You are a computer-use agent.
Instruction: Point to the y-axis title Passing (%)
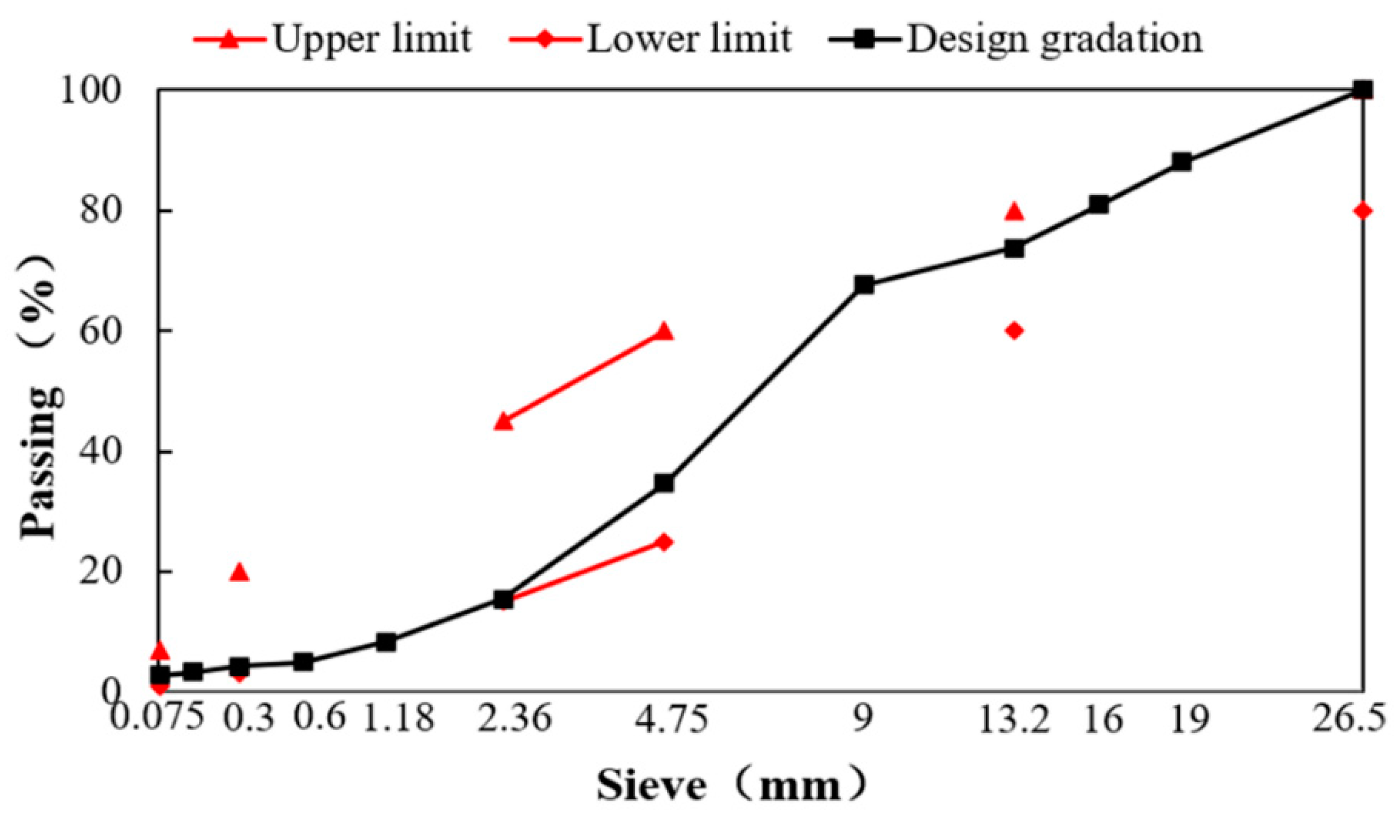point(42,396)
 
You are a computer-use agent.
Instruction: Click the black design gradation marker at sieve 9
point(864,285)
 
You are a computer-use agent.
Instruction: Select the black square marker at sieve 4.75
point(664,483)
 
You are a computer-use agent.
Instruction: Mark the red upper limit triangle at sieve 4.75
point(664,332)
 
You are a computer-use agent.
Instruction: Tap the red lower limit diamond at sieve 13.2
point(1014,331)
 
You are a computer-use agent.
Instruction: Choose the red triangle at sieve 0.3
point(239,572)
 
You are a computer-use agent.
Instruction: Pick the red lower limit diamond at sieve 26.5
point(1362,211)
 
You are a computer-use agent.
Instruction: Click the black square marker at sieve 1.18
point(386,643)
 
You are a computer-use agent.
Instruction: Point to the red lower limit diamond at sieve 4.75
point(664,542)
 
